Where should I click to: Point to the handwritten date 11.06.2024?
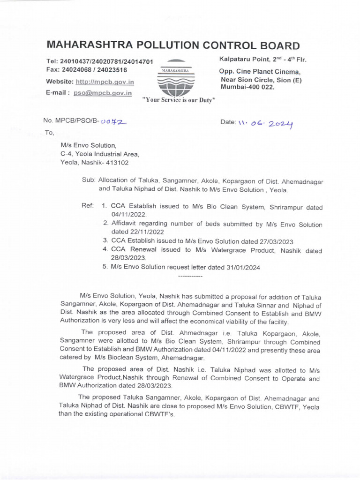(265, 123)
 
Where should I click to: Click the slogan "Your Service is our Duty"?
(179, 100)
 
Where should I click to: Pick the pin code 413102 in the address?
(117, 163)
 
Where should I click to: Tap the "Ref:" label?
(88, 206)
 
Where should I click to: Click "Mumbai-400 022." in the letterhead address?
(243, 87)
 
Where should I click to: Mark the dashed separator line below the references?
(191, 276)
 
